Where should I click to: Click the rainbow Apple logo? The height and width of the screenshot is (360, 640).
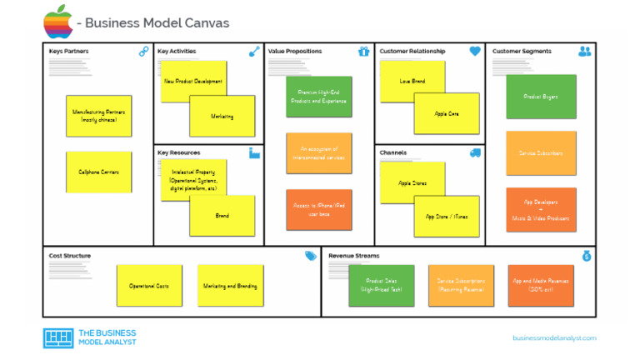click(57, 22)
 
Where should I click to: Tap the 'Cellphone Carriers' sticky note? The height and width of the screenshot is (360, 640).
click(99, 172)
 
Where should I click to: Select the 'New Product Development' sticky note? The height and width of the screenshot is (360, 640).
click(193, 81)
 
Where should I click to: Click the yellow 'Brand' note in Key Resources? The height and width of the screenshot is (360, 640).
click(222, 216)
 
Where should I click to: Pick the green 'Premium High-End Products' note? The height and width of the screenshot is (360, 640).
click(318, 97)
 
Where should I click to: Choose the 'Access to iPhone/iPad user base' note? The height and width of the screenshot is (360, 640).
click(318, 210)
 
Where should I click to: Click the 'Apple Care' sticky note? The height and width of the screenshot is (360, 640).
click(447, 113)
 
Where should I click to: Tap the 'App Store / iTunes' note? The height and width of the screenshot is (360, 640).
click(447, 216)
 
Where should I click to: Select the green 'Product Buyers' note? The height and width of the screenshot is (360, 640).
click(541, 97)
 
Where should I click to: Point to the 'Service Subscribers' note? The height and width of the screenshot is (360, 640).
click(541, 153)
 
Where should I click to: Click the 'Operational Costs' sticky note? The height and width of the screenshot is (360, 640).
click(149, 286)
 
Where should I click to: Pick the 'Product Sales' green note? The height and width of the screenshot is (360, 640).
click(381, 286)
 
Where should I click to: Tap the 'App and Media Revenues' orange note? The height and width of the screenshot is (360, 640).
click(541, 286)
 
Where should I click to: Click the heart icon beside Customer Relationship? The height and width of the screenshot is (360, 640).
click(475, 52)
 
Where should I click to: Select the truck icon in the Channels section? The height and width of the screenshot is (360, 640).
click(475, 153)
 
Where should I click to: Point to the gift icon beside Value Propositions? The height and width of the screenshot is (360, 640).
click(363, 52)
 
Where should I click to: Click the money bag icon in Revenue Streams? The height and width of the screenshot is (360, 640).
click(587, 256)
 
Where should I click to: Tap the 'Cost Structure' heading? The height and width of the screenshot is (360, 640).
click(70, 256)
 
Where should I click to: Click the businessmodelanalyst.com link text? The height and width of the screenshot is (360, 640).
click(554, 337)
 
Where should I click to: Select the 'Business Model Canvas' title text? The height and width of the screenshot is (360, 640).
click(157, 23)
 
